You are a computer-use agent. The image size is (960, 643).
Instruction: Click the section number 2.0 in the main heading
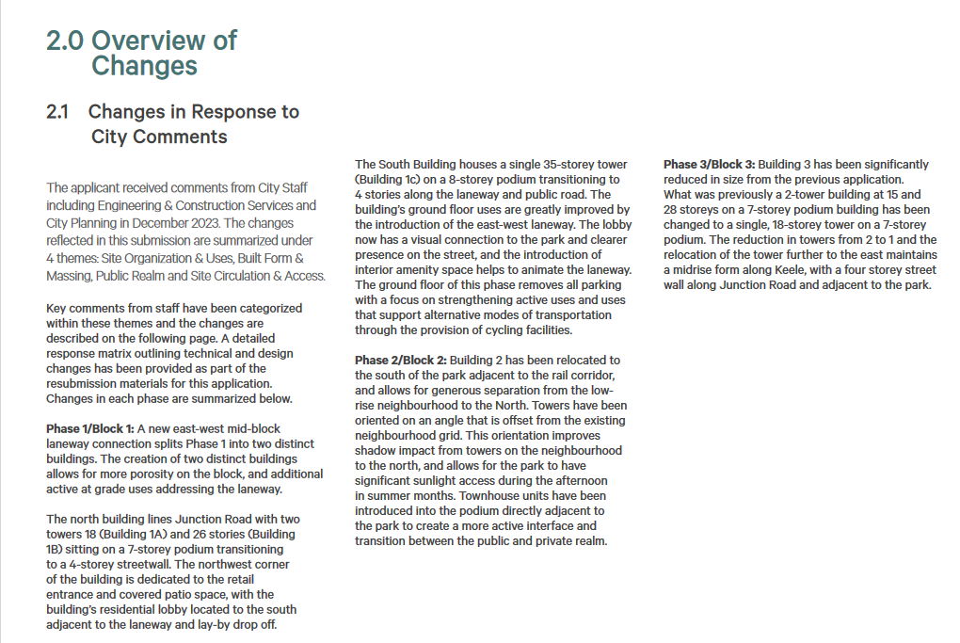pos(66,40)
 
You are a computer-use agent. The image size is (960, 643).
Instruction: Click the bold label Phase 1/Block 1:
pos(89,429)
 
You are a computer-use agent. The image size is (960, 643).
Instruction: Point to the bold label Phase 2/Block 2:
pos(400,361)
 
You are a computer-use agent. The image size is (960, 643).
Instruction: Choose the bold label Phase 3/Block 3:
pos(709,165)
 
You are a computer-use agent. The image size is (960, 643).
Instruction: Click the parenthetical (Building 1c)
pos(395,180)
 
